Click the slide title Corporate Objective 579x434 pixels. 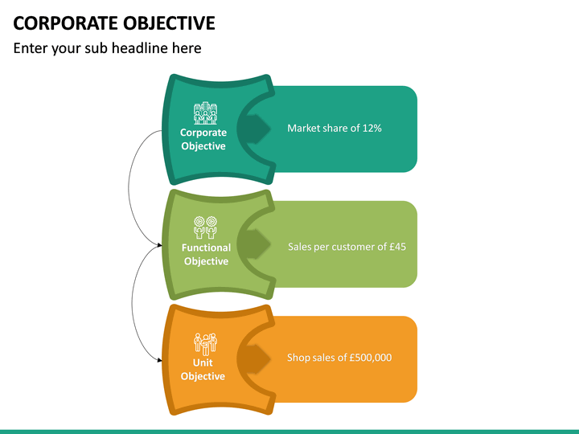coord(114,22)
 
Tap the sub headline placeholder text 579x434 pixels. coord(107,48)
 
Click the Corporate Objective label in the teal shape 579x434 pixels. coord(203,139)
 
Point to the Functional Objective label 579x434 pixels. coord(206,254)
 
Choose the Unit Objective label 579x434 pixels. coord(203,370)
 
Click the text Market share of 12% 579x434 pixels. coord(335,128)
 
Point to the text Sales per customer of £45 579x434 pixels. coord(347,247)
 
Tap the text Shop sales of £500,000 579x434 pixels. coord(339,357)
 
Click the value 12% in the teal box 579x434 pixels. coord(372,128)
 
